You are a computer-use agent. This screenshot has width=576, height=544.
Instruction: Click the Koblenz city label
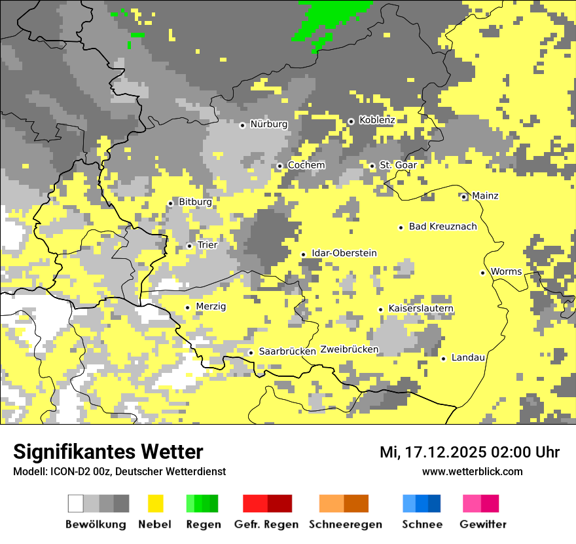377,120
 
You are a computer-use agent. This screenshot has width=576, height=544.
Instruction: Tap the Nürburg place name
268,124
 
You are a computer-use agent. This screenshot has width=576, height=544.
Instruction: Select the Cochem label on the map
306,165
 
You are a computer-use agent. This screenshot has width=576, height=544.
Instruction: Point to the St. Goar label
398,165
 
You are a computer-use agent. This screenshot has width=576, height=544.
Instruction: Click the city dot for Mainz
464,197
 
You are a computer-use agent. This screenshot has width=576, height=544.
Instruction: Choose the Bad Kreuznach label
442,227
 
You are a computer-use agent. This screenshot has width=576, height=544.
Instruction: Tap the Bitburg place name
195,203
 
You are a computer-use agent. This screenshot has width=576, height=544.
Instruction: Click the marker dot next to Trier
190,246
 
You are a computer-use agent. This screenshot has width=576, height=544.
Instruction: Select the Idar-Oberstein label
344,253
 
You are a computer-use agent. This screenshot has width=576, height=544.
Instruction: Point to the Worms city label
506,272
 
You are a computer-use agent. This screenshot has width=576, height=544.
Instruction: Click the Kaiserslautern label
421,309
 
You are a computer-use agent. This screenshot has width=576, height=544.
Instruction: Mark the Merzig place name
211,306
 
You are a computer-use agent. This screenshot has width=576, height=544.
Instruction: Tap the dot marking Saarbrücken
251,353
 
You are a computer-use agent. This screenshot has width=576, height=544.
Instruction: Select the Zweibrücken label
350,349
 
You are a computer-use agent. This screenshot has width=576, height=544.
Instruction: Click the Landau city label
468,358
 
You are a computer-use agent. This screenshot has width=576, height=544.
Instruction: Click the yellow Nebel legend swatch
155,503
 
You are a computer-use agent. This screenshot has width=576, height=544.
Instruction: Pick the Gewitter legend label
482,524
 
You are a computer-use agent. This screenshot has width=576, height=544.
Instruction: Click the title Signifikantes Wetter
108,452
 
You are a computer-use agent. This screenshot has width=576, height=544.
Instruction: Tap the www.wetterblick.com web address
472,472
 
